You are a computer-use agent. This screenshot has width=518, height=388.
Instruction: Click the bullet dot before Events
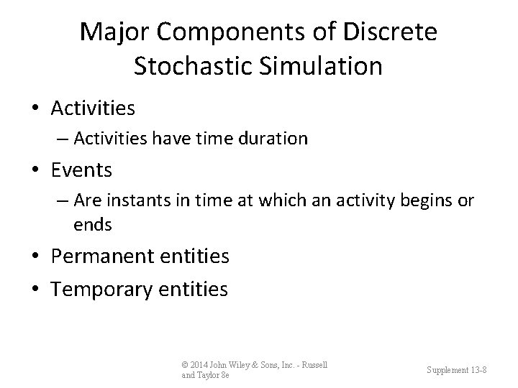coord(37,170)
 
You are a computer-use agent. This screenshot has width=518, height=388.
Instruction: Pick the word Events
coord(81,170)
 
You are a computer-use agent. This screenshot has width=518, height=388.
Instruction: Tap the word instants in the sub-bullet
coord(130,201)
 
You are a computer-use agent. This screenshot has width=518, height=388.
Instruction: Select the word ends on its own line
coord(92,225)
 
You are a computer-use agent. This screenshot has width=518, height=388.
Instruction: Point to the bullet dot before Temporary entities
coord(37,290)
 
